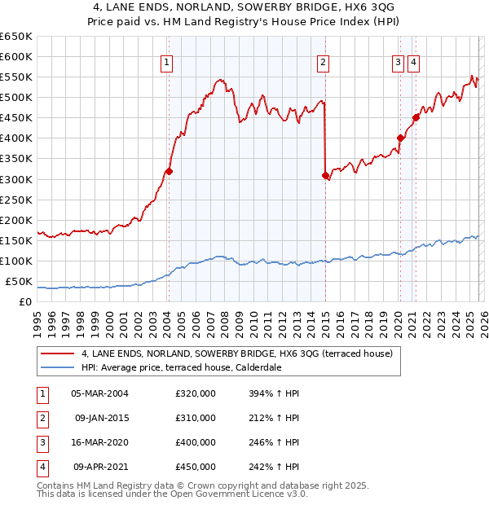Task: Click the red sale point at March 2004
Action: click(x=169, y=171)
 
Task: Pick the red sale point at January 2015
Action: click(x=325, y=175)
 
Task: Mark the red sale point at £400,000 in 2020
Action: click(x=400, y=138)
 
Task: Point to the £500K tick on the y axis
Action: click(x=16, y=97)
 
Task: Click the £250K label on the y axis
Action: click(x=16, y=200)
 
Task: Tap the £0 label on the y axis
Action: click(x=24, y=302)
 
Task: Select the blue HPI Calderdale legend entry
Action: click(x=204, y=367)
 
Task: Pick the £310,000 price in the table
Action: click(x=196, y=418)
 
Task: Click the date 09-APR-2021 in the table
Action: click(x=98, y=467)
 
